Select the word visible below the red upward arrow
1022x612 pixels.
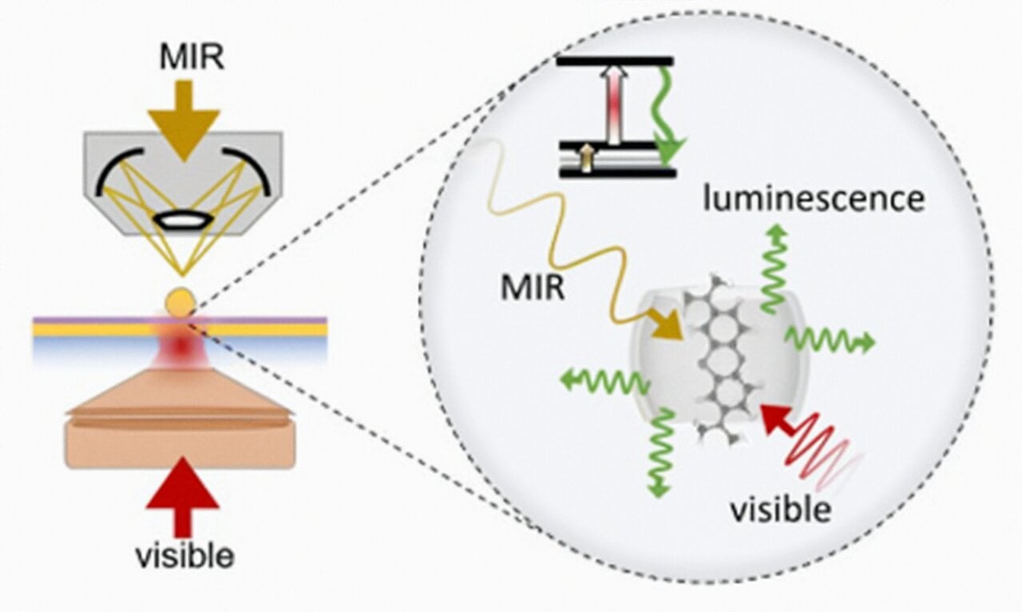pyautogui.click(x=183, y=555)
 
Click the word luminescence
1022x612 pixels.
pyautogui.click(x=813, y=197)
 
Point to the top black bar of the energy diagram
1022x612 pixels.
pyautogui.click(x=615, y=61)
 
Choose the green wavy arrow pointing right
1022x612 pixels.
pyautogui.click(x=830, y=340)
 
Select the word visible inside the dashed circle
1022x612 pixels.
pyautogui.click(x=781, y=509)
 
